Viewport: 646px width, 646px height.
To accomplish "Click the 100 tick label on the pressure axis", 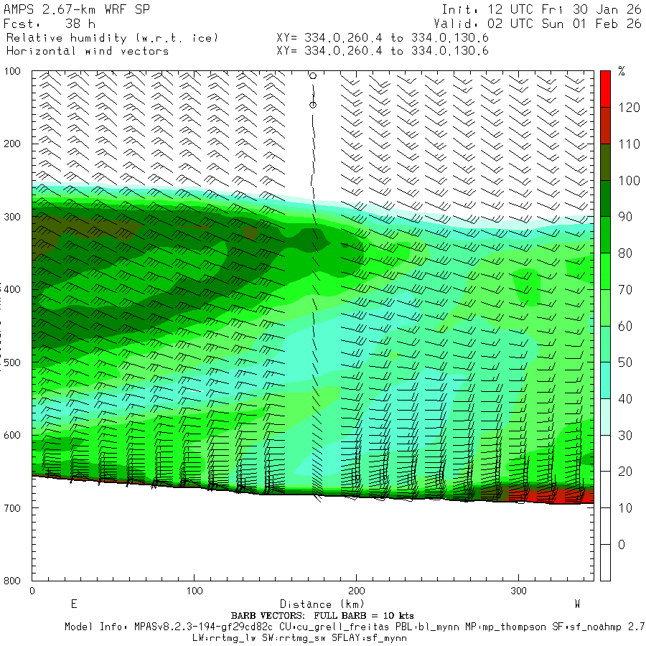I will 13,71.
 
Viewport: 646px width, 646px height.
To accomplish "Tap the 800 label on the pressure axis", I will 13,580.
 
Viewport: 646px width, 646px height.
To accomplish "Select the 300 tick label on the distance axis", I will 518,591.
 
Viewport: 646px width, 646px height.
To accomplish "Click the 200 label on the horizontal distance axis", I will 356,591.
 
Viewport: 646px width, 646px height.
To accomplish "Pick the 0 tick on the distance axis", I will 32,591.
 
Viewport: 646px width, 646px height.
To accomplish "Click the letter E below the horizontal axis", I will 73,604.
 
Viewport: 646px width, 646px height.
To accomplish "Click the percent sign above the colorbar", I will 622,71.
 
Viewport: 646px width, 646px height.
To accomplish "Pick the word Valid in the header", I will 459,24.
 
